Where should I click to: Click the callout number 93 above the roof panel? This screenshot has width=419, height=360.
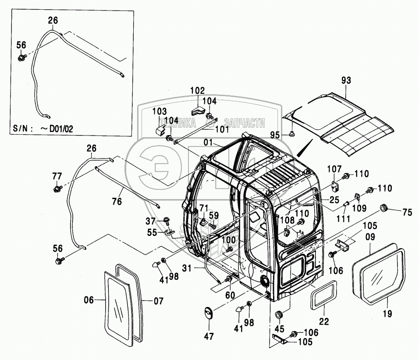[x=347, y=81]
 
